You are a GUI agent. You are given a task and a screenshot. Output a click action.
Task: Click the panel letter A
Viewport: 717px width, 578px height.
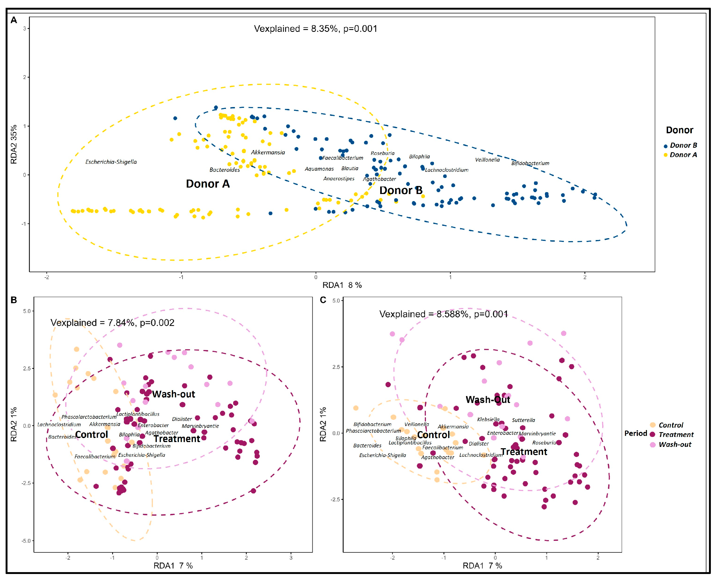click(14, 20)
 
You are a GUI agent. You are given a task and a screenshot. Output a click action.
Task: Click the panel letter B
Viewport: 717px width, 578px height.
click(14, 300)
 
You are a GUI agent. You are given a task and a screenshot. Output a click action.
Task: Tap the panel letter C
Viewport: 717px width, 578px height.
click(323, 300)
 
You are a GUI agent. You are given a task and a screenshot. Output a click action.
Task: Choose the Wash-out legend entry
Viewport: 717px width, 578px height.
click(675, 444)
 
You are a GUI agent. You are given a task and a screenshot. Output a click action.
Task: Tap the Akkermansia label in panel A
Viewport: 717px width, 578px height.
click(268, 153)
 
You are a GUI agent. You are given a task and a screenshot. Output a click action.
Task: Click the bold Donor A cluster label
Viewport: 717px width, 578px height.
click(208, 184)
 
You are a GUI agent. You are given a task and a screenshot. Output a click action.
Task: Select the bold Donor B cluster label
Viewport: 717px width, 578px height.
click(401, 191)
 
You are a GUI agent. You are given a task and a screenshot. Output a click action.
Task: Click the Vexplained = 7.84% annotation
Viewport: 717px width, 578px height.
click(112, 323)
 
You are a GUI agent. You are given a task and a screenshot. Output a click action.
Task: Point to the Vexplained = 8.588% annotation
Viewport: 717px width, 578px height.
click(443, 314)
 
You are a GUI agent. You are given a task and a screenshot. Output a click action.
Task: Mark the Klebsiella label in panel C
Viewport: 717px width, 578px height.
click(488, 420)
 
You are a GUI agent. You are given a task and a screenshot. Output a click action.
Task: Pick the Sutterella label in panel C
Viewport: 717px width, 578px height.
click(523, 420)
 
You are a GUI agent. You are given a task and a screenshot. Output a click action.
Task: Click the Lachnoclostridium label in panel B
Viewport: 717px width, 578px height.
click(59, 424)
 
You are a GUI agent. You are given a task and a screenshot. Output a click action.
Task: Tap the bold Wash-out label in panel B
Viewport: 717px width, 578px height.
click(173, 394)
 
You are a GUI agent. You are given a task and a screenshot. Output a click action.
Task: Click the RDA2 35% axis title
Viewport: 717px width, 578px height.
click(14, 144)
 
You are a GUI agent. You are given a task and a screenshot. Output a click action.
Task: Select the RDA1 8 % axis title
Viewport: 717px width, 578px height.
click(342, 285)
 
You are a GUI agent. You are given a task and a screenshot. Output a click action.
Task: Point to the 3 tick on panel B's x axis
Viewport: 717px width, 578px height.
click(291, 558)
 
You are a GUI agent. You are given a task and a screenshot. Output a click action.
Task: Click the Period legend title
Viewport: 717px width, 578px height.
click(635, 433)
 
